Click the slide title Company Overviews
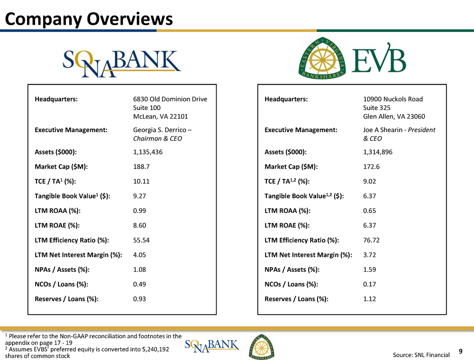pos(89,18)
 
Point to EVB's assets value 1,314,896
pos(378,152)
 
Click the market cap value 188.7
pos(142,167)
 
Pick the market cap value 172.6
pos(371,167)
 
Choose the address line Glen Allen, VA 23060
pos(394,117)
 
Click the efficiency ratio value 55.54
pos(142,240)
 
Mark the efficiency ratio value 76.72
pos(371,240)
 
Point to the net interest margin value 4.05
pos(140,255)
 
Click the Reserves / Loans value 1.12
pos(369,299)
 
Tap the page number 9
pos(461,351)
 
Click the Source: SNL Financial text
pos(421,355)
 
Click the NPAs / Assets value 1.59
pos(369,270)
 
